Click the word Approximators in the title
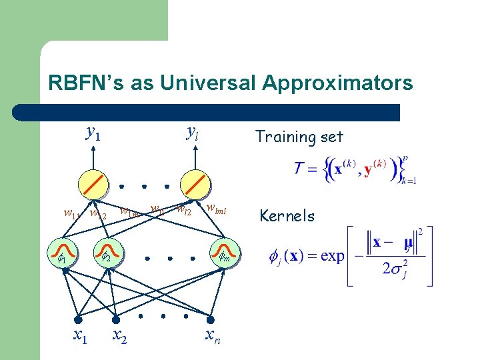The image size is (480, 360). (337, 83)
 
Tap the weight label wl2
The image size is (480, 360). (183, 212)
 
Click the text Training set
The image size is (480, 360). (299, 137)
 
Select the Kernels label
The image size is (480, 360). (287, 215)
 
